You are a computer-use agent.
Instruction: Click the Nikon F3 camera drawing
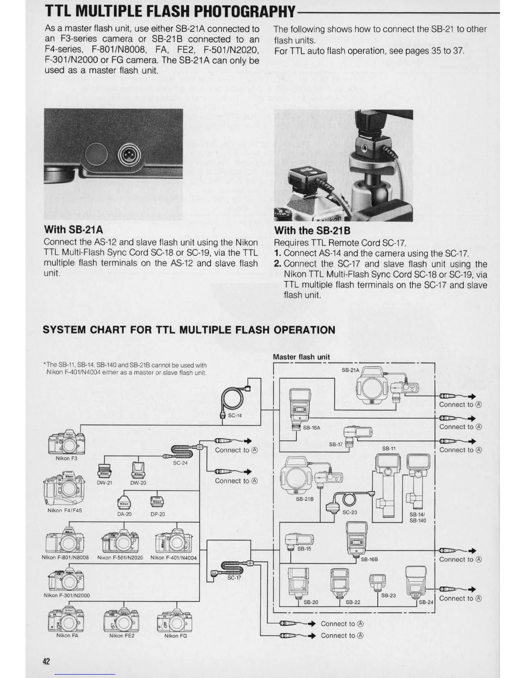pyautogui.click(x=66, y=442)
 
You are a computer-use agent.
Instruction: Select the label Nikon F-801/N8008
pyautogui.click(x=65, y=558)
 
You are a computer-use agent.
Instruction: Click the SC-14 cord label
pyautogui.click(x=235, y=415)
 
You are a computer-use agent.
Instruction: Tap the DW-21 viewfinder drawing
pyautogui.click(x=104, y=470)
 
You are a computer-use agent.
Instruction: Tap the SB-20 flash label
pyautogui.click(x=311, y=602)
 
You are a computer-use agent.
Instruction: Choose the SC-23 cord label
pyautogui.click(x=349, y=512)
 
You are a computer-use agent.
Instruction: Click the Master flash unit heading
pyautogui.click(x=301, y=357)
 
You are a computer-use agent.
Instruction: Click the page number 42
pyautogui.click(x=46, y=661)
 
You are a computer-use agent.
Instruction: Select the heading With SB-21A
pyautogui.click(x=73, y=230)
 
